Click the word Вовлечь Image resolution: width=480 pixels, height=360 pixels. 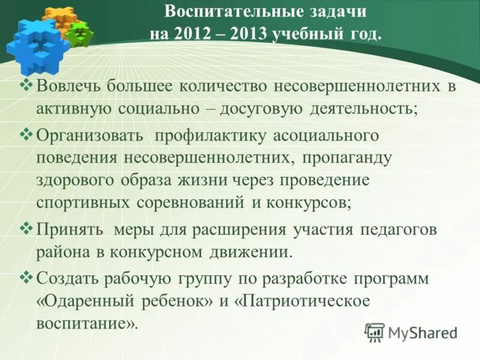coord(68,86)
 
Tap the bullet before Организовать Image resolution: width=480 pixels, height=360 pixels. coord(27,134)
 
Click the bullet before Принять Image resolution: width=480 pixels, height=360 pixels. coord(27,228)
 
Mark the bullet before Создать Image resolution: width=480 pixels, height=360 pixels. coord(27,277)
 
